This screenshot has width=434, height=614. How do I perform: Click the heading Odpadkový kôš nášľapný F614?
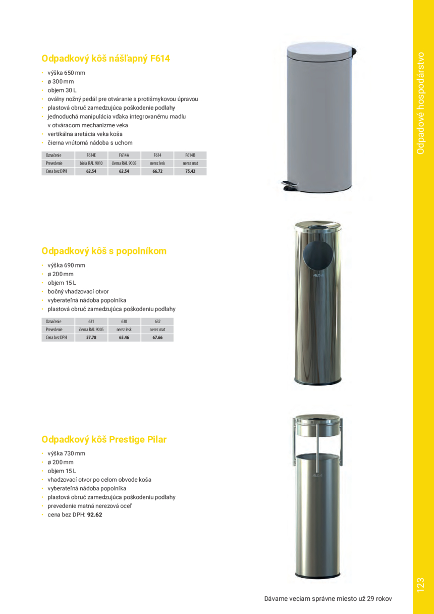click(105, 59)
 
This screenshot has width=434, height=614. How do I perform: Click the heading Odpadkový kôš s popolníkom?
click(104, 251)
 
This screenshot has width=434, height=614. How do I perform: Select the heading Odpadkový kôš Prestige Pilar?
click(104, 439)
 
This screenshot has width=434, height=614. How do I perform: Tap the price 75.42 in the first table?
click(190, 171)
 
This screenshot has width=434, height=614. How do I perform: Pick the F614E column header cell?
click(91, 156)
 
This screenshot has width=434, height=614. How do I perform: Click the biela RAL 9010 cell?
click(91, 163)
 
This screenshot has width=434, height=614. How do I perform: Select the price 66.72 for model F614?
click(157, 171)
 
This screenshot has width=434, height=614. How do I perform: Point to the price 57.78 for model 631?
click(91, 337)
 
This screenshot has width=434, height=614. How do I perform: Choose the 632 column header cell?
click(157, 321)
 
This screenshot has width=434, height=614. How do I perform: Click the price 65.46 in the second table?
click(124, 337)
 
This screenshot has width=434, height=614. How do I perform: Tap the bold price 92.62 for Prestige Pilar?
click(94, 515)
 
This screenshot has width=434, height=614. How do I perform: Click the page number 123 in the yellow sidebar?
click(422, 585)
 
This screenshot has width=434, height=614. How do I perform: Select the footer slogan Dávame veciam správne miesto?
click(328, 599)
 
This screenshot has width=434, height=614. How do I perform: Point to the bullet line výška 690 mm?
click(66, 265)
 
